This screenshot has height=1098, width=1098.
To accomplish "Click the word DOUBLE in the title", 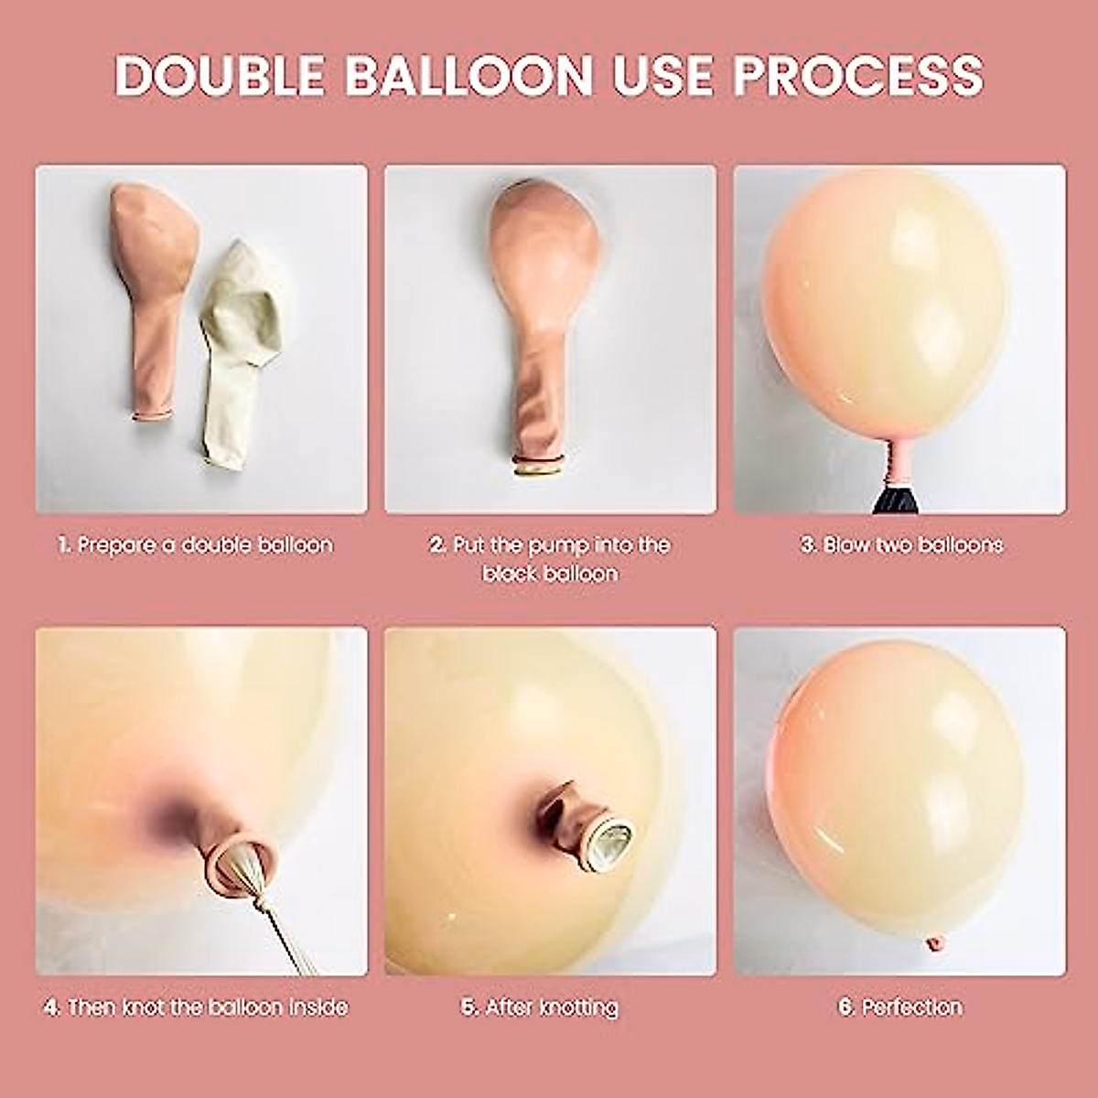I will [x=220, y=75].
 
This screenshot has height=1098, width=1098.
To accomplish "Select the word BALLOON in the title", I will [x=469, y=75].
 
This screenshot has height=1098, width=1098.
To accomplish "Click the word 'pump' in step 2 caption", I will [x=558, y=545].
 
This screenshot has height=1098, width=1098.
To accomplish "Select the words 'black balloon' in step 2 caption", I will [x=550, y=575].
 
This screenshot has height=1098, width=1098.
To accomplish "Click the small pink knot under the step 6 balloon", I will [x=934, y=943].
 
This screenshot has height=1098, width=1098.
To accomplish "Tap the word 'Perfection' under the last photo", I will [x=912, y=1007].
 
